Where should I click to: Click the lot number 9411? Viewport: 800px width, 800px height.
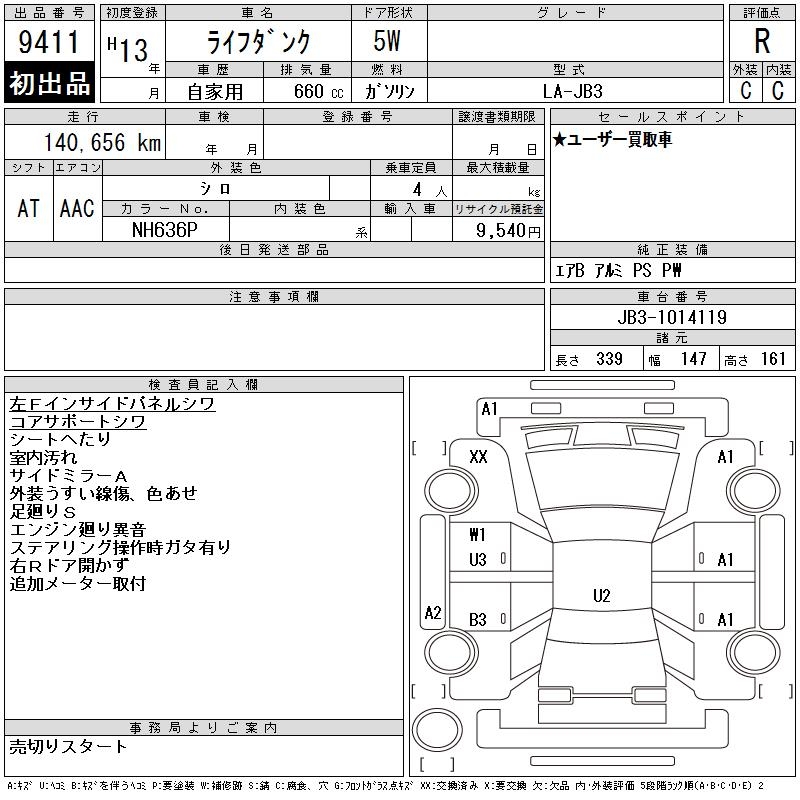(x=48, y=42)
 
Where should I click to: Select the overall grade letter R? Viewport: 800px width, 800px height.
(x=762, y=41)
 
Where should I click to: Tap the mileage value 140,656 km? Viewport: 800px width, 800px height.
(x=102, y=142)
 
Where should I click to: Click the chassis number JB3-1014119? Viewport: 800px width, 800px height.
(x=672, y=317)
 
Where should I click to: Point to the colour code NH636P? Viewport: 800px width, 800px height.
(x=164, y=230)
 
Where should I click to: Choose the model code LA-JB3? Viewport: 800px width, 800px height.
(x=572, y=91)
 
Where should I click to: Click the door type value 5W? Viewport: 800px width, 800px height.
(x=387, y=41)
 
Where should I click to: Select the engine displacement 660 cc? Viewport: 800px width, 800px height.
(x=318, y=91)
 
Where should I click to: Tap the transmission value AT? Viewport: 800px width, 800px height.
(x=28, y=208)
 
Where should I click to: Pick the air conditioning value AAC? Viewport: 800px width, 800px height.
(x=77, y=208)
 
